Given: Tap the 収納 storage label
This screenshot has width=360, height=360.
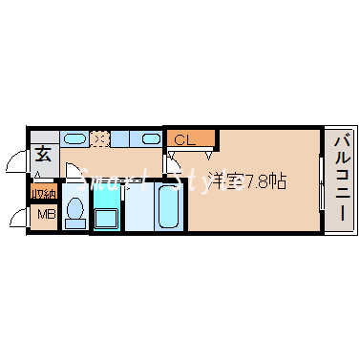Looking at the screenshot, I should [43, 194].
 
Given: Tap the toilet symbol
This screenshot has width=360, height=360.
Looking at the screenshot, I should [75, 212].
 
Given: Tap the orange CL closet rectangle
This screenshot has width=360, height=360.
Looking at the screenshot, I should [191, 140].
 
